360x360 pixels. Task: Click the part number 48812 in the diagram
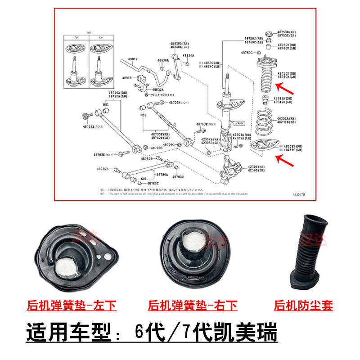coord(132,59)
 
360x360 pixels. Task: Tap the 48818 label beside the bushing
coord(127,78)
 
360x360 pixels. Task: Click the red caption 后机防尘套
coord(303,306)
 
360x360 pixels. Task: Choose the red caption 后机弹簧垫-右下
coord(193,306)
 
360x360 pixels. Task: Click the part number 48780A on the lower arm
coord(162,174)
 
